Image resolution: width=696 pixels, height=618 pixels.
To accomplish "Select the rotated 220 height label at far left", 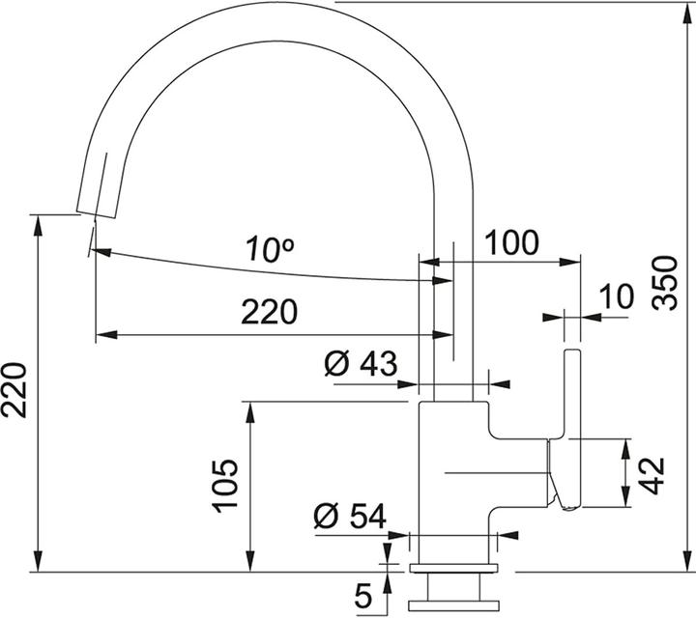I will pos(14,389).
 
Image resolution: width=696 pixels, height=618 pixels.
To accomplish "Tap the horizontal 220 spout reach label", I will pos(269,312).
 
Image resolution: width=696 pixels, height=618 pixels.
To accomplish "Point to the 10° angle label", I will pos(269,251).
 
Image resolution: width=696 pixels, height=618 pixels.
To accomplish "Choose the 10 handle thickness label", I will pos(615,297).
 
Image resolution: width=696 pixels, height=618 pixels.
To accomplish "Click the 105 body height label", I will pos(224,485).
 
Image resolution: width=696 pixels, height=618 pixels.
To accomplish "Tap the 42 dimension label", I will pos(653,473).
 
